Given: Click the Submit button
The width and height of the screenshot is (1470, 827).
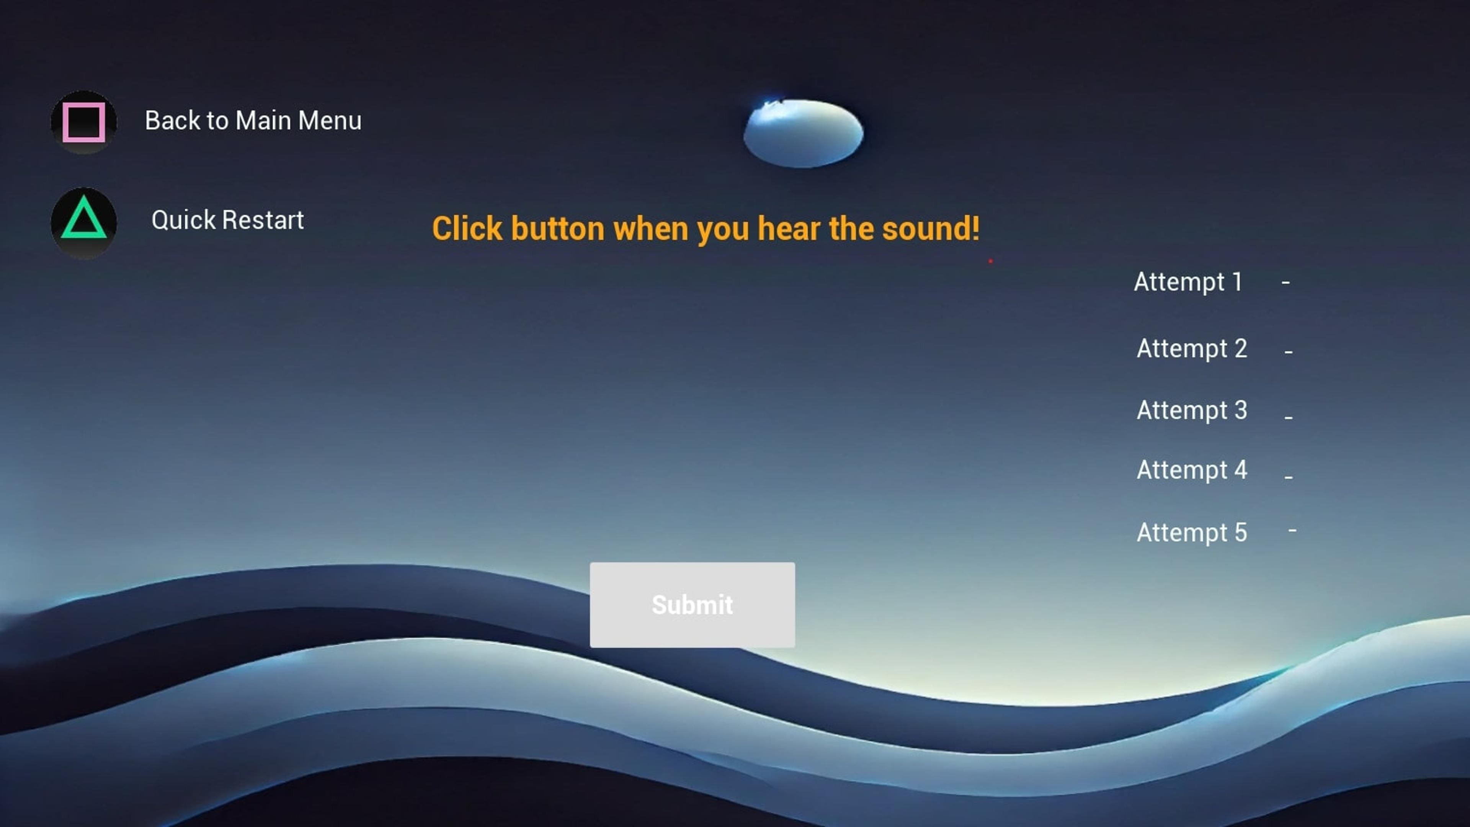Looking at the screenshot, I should click(692, 605).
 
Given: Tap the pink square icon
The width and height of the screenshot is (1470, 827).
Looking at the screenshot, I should click(84, 122).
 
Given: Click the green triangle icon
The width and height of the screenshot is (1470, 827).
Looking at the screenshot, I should click(84, 220).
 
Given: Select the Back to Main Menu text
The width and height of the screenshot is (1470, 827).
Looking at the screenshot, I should click(253, 121).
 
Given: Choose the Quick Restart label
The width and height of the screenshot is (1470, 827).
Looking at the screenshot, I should click(227, 220).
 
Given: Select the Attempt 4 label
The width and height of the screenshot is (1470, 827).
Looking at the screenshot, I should click(1192, 470).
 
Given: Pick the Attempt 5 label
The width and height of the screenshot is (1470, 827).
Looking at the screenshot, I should click(1192, 533).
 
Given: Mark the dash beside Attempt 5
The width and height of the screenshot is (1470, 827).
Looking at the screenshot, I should click(1292, 530).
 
